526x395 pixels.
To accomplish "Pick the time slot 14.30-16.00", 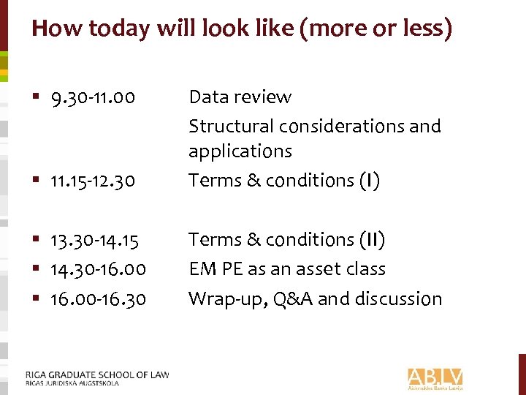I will click(x=97, y=270).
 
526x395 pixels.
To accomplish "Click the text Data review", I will click(x=240, y=97).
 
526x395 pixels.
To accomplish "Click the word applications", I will click(x=240, y=151).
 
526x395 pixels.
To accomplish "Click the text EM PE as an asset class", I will click(x=286, y=269).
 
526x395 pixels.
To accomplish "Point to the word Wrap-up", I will click(x=219, y=299).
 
